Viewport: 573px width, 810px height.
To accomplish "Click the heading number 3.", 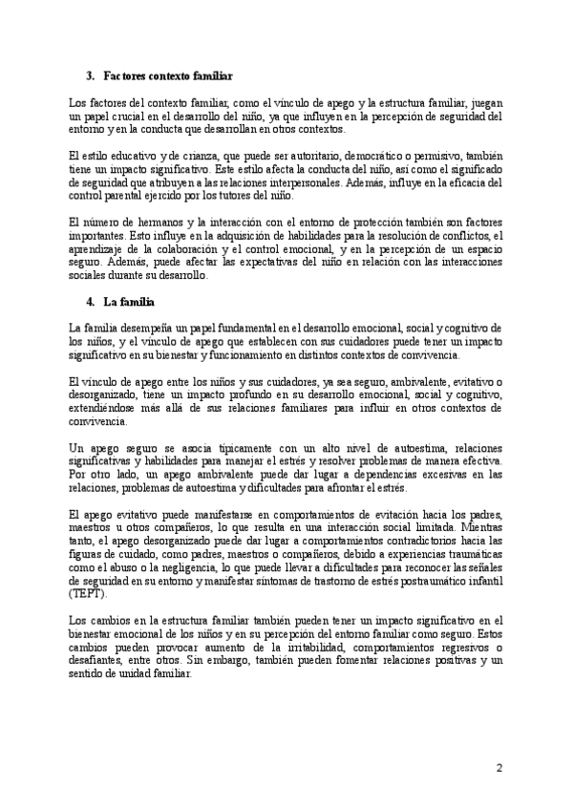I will (90, 75).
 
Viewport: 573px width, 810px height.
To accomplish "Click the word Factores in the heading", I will (123, 75).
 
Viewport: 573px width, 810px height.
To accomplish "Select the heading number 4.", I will (90, 303).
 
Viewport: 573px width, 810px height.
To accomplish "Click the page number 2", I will (499, 768).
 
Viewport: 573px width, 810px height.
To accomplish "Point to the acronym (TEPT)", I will (87, 593).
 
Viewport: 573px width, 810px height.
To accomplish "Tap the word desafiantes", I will (98, 662).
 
